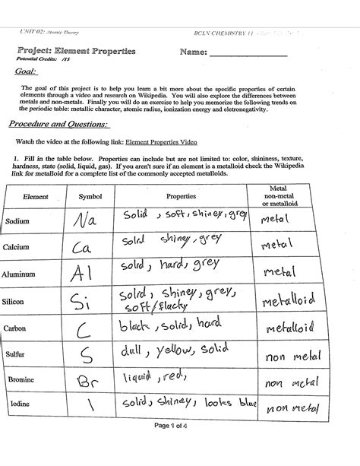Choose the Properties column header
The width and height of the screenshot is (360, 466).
click(181, 195)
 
